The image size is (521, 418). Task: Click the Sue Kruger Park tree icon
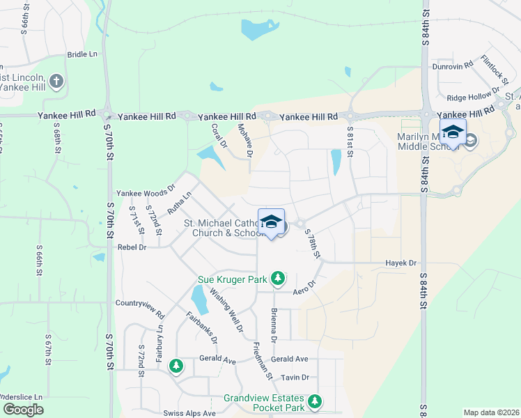[x=278, y=279]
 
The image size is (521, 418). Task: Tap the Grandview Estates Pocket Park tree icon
[x=315, y=401]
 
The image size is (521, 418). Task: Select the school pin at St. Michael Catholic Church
[x=270, y=223]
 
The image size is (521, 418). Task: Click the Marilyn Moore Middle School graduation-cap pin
[x=453, y=132]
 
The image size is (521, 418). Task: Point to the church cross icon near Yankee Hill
[x=56, y=82]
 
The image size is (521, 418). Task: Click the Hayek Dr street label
[x=401, y=263]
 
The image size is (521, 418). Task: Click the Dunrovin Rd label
[x=453, y=65]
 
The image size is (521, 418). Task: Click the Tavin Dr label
[x=295, y=378]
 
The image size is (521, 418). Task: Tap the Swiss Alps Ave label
[x=190, y=413]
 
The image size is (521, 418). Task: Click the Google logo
[x=23, y=410]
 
